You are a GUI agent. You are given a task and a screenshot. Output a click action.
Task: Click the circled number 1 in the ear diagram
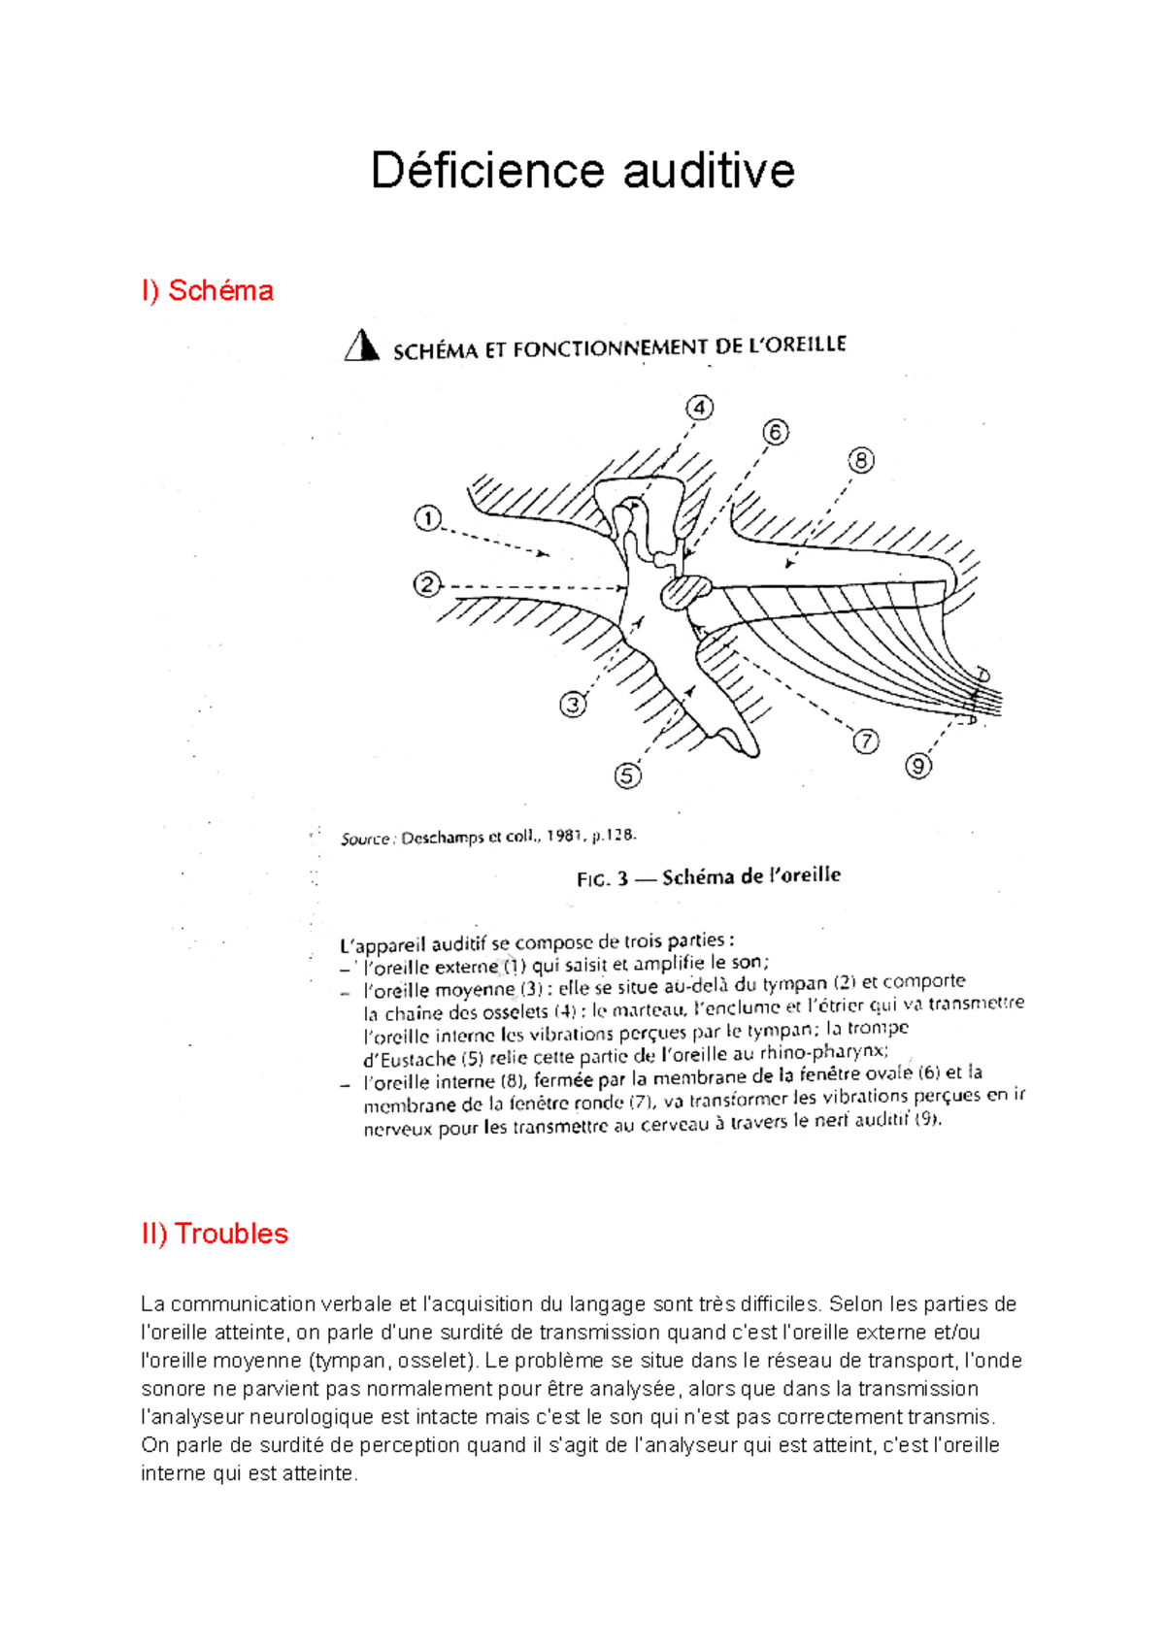428,519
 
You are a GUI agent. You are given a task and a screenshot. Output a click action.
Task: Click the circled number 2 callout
427,585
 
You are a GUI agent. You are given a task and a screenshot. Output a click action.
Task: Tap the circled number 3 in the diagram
573,705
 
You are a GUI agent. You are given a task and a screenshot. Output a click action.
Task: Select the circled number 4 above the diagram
699,408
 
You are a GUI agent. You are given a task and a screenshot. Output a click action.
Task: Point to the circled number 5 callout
628,775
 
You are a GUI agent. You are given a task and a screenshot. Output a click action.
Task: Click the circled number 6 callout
775,432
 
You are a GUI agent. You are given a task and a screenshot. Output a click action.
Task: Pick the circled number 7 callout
866,742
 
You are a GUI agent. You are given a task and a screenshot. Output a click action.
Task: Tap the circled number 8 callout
860,460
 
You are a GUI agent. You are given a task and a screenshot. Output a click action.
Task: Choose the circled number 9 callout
918,766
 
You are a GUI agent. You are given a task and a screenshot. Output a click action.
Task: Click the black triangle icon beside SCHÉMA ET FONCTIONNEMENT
361,346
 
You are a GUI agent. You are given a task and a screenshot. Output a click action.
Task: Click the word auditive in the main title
709,171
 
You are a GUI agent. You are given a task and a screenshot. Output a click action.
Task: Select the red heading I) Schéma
207,290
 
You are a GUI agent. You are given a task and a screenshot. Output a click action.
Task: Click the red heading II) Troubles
215,1234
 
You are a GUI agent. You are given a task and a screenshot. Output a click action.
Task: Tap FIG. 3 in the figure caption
602,879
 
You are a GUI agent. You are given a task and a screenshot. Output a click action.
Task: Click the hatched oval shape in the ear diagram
686,591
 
